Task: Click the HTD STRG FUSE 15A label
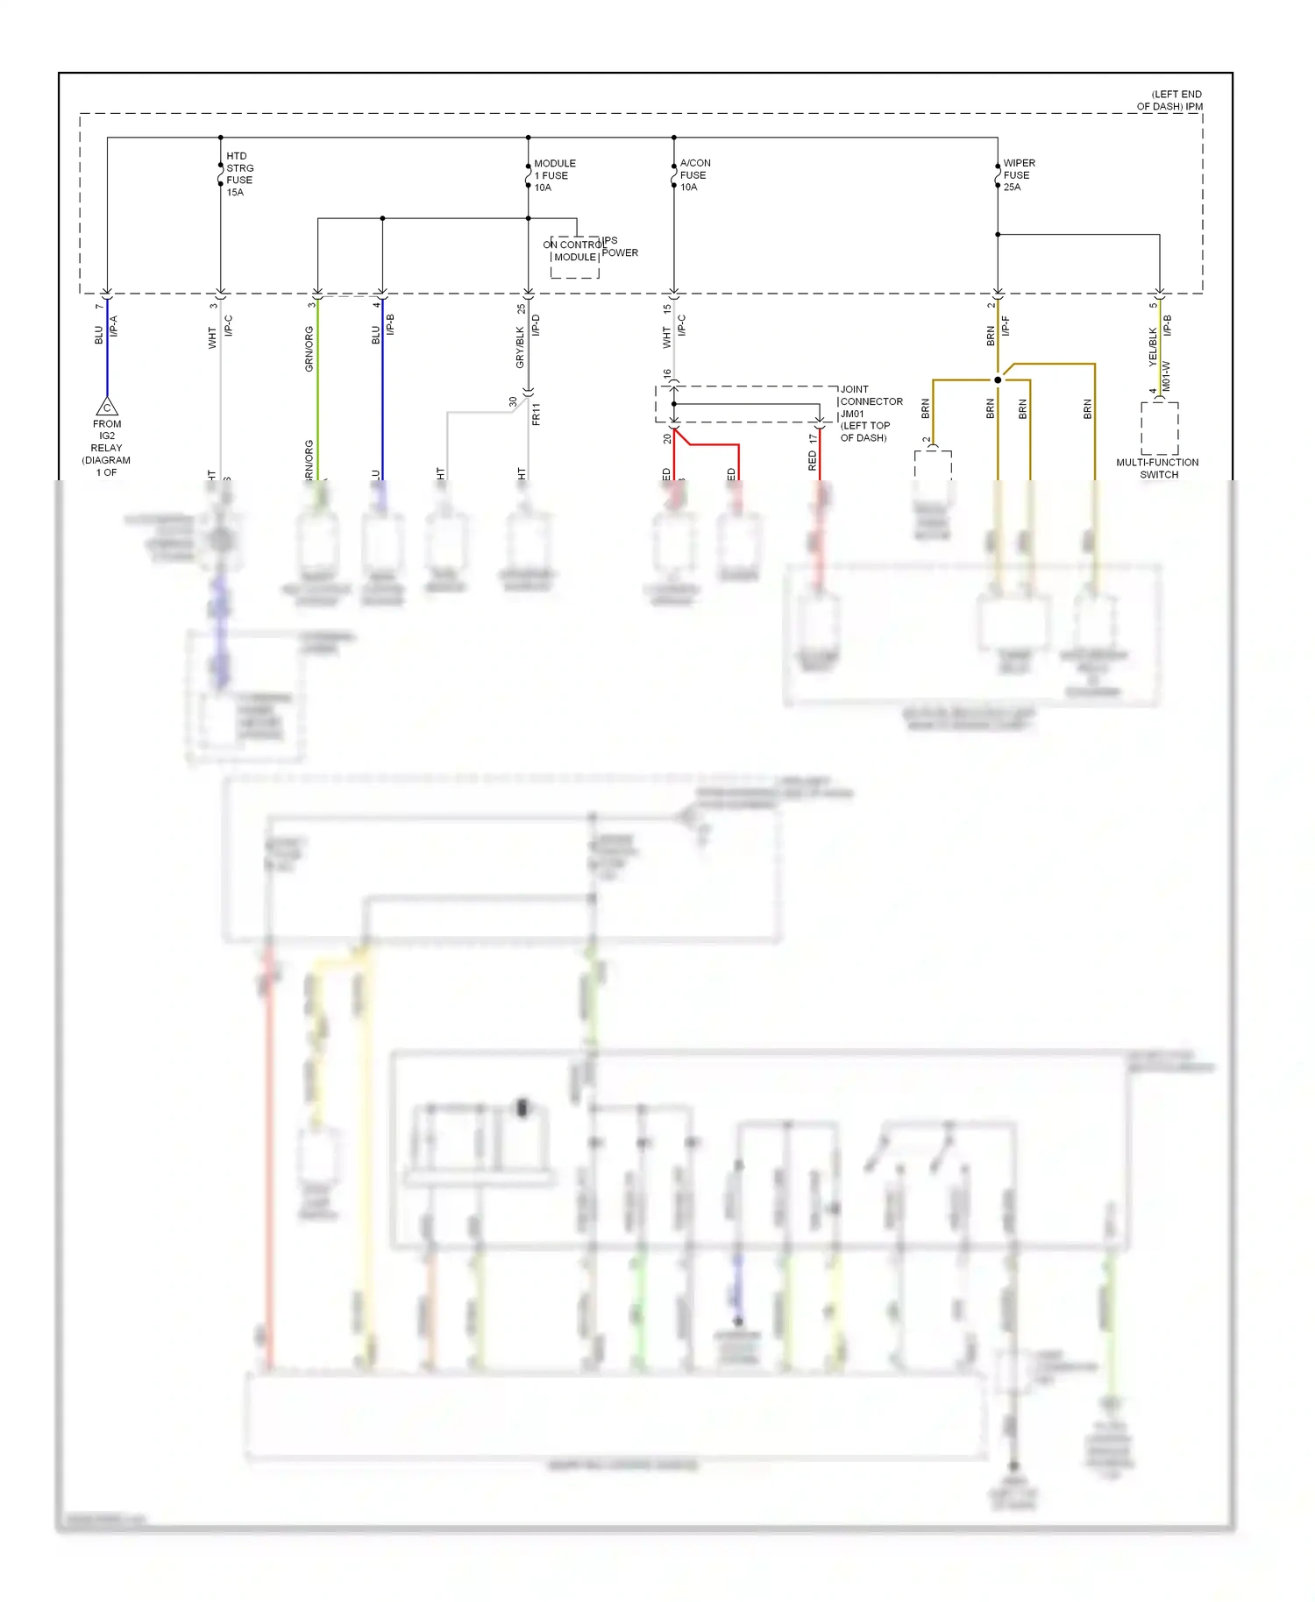tap(238, 174)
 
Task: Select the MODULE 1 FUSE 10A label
tap(554, 175)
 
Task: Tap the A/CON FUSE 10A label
tap(694, 175)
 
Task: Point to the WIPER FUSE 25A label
tap(1018, 175)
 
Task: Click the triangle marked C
tap(107, 408)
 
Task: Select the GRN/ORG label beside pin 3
tap(309, 348)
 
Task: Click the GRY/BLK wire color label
tap(520, 347)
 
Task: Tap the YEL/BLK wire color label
tap(1153, 347)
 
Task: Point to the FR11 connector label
tap(536, 414)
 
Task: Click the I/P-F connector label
tap(1006, 326)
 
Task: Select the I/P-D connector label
tap(536, 325)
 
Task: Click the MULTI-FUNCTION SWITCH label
tap(1157, 469)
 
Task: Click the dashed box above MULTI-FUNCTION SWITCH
tap(1159, 428)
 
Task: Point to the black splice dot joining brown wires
tap(998, 379)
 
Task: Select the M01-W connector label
tap(1166, 376)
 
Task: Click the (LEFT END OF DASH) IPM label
tap(1171, 101)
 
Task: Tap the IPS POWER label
tap(620, 246)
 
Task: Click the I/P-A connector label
tap(113, 326)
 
